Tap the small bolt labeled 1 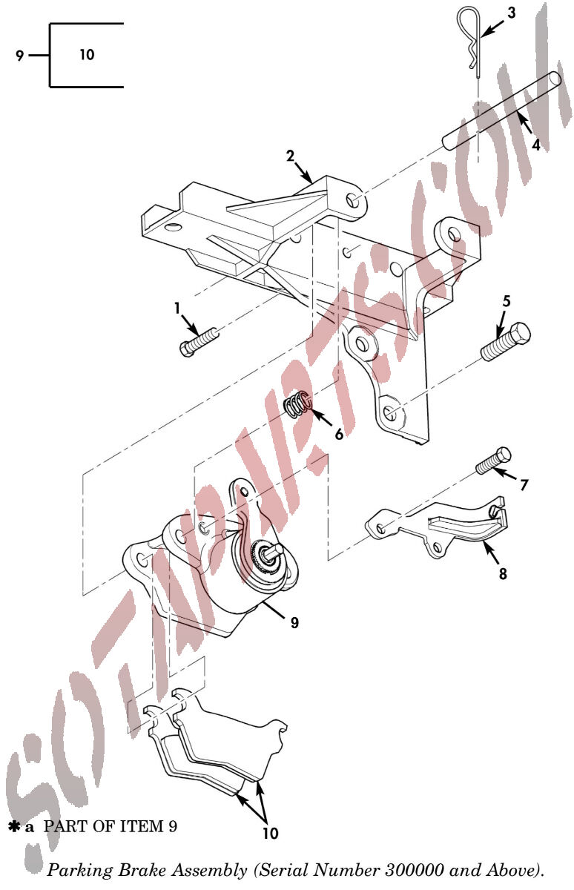[197, 342]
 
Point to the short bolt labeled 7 [493, 461]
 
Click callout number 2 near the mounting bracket [291, 155]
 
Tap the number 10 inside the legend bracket [87, 54]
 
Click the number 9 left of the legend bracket [20, 55]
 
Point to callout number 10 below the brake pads [271, 833]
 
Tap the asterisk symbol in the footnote [14, 827]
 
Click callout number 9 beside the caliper [294, 622]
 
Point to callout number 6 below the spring [338, 434]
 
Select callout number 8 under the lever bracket [503, 574]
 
